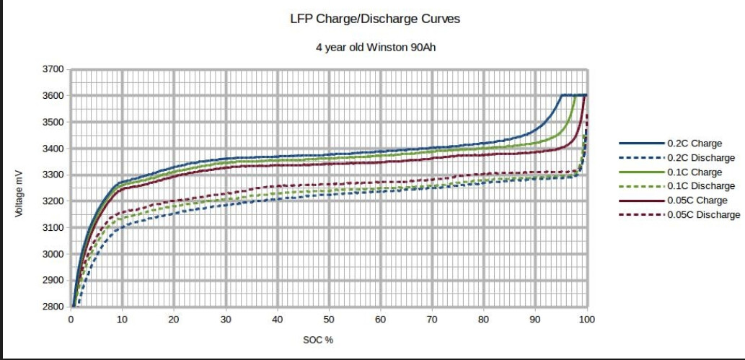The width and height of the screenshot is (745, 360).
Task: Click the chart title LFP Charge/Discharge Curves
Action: coord(374,19)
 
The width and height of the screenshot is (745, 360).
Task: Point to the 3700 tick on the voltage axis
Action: coord(55,70)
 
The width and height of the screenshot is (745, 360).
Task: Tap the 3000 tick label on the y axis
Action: coord(55,254)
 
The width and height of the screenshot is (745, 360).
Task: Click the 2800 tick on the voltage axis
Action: coord(55,307)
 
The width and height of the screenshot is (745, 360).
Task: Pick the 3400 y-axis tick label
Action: coord(55,149)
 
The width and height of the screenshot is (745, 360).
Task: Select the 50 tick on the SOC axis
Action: coord(329,319)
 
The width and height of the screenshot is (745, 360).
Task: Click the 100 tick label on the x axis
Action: coord(587,319)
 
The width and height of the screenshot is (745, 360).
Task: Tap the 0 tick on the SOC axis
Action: coord(71,319)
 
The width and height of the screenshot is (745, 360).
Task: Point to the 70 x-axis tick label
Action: coord(432,319)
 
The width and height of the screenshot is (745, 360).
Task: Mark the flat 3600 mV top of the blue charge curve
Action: coord(573,95)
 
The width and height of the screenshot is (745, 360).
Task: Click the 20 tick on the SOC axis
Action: coord(174,319)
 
